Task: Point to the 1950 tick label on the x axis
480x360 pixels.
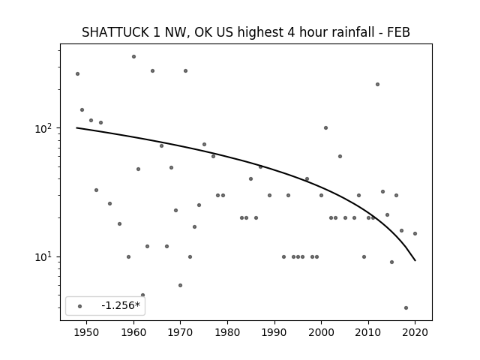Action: click(87, 332)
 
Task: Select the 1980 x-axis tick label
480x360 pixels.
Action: click(227, 332)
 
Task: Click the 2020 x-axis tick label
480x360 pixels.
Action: click(415, 332)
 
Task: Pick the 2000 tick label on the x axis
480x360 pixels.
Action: click(321, 332)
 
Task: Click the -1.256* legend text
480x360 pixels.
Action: click(121, 305)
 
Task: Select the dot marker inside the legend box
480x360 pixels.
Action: click(80, 306)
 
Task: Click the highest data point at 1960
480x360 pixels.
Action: click(133, 57)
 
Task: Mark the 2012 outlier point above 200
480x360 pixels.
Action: click(377, 85)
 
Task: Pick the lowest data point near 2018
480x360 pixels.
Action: click(406, 308)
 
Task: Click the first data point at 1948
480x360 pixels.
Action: click(77, 73)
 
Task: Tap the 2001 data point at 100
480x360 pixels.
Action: click(325, 128)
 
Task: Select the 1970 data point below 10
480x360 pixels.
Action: click(180, 285)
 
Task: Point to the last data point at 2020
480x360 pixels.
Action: click(415, 233)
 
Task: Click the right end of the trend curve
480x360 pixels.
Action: click(415, 260)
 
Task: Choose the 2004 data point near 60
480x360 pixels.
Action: click(340, 157)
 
